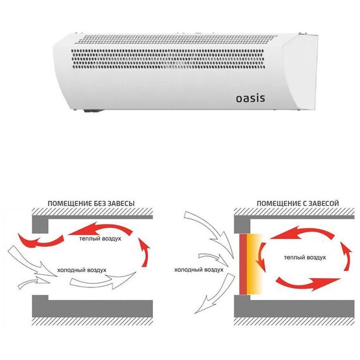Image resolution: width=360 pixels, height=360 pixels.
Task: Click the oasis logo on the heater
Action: (250, 99)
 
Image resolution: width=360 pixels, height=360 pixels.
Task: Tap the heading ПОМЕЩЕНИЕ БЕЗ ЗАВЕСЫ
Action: (91, 203)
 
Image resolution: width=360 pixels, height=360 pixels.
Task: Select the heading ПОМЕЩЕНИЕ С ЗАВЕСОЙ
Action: (297, 203)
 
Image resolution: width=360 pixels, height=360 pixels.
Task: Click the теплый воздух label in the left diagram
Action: (100, 239)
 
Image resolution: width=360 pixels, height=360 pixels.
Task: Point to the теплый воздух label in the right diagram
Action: (305, 258)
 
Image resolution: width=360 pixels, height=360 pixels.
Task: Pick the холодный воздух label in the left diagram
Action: (81, 270)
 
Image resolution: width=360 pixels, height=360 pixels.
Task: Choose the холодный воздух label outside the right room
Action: (199, 270)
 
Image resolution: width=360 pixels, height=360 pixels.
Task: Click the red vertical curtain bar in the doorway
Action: (243, 264)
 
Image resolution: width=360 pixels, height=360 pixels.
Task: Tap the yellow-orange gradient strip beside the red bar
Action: (255, 264)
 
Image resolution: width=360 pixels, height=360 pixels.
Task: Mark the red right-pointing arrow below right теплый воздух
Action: (308, 284)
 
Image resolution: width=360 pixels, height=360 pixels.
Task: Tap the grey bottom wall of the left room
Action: (92, 306)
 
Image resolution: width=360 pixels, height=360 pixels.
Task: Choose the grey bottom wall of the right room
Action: (294, 306)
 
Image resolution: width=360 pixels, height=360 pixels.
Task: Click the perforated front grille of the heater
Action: (168, 59)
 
